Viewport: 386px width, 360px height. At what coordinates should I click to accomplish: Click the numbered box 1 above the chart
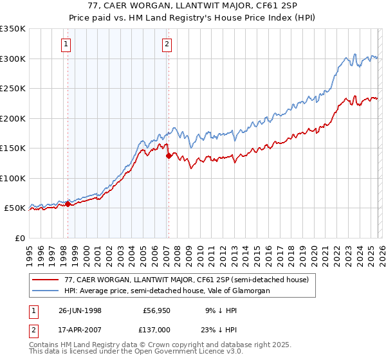click(x=68, y=44)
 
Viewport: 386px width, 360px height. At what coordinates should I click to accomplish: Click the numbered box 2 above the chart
click(x=167, y=44)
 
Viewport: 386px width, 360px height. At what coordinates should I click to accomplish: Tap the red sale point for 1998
click(x=68, y=204)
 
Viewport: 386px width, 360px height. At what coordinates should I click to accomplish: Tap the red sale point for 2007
click(x=168, y=156)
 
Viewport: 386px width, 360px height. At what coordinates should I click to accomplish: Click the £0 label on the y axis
click(x=21, y=238)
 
